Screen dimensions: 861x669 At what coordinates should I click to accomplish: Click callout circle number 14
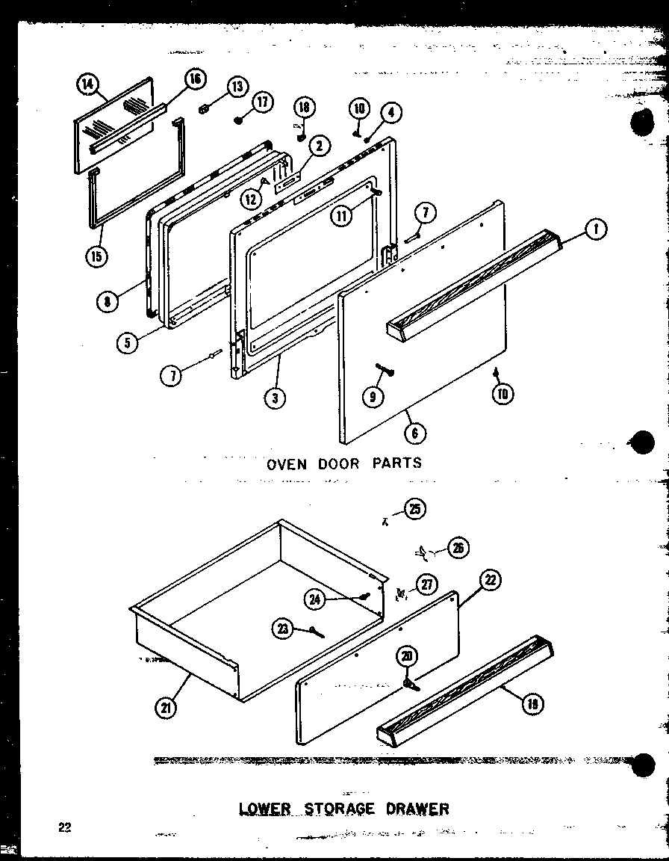click(87, 85)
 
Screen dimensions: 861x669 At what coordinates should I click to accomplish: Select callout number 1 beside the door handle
click(594, 230)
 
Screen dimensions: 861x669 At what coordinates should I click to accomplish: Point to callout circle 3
click(276, 398)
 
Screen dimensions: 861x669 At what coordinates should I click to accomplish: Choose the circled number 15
click(96, 257)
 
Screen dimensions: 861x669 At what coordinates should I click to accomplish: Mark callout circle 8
click(108, 303)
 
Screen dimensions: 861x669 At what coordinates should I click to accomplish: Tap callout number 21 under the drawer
click(165, 707)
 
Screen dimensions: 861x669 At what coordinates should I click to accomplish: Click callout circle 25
click(415, 510)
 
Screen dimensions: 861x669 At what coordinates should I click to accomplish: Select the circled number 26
click(458, 549)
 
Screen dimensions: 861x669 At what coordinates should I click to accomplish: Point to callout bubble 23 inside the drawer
click(282, 629)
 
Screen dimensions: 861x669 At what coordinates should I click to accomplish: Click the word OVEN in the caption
click(286, 463)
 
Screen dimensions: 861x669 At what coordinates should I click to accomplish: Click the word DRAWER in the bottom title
click(420, 809)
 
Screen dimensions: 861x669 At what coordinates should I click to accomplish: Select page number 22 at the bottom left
click(63, 827)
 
